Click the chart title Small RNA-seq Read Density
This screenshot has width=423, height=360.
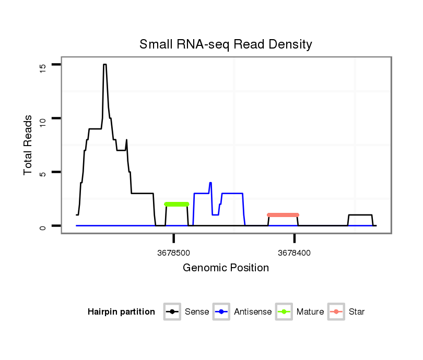pyautogui.click(x=226, y=44)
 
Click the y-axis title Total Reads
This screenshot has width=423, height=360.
pyautogui.click(x=30, y=145)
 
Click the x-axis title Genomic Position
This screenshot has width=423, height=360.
pyautogui.click(x=226, y=268)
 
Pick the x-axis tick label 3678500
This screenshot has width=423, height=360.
pyautogui.click(x=173, y=253)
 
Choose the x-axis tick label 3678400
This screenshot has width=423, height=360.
pyautogui.click(x=294, y=253)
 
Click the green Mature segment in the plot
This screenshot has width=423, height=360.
pyautogui.click(x=177, y=204)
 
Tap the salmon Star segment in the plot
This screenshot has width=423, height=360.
pyautogui.click(x=283, y=215)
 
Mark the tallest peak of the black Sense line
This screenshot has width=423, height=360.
pyautogui.click(x=105, y=65)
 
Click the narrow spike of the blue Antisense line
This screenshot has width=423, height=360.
pyautogui.click(x=210, y=183)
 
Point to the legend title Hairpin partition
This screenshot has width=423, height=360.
pyautogui.click(x=121, y=312)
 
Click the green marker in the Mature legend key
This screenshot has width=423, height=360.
pyautogui.click(x=284, y=312)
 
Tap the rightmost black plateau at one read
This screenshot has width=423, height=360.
pyautogui.click(x=360, y=215)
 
